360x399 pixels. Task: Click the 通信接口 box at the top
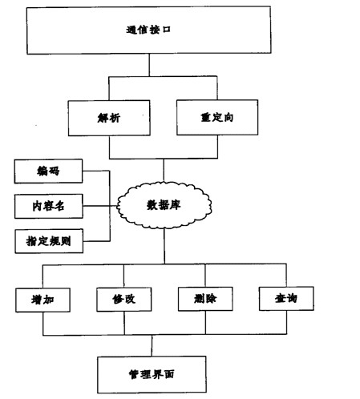(149, 30)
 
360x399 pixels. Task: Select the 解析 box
(109, 118)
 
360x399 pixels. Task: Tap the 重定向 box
(217, 118)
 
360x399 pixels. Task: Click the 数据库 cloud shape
(164, 205)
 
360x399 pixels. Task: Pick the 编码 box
(48, 171)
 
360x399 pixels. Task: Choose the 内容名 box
(49, 206)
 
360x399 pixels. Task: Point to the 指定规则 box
(49, 241)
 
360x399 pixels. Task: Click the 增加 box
(42, 300)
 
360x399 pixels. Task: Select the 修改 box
(124, 300)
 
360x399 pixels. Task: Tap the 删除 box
(205, 299)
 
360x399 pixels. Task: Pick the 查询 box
(286, 298)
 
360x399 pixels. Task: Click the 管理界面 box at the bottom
(152, 374)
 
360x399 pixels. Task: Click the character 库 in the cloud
(175, 205)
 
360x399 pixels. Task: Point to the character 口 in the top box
(167, 30)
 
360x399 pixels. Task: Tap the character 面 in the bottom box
(169, 374)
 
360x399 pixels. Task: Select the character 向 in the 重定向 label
(229, 117)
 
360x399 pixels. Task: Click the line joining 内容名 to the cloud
(100, 206)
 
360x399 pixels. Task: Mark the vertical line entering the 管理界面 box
(152, 345)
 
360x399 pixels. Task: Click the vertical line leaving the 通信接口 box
(149, 65)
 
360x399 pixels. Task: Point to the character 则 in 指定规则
(66, 241)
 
